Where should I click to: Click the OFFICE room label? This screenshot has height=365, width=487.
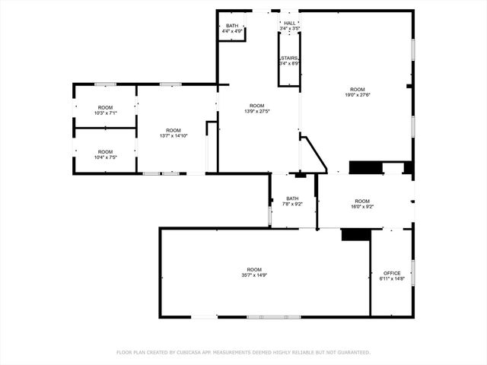[391, 273]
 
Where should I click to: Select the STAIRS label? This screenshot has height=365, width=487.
[289, 58]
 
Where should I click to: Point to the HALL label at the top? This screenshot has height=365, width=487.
[289, 24]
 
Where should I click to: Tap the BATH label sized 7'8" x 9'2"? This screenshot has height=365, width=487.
[293, 198]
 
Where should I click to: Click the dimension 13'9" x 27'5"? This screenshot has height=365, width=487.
[257, 111]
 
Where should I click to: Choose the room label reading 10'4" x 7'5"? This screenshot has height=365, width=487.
[104, 157]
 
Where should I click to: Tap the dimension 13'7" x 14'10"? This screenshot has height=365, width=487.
[173, 136]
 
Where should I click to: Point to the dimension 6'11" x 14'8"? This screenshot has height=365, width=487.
[391, 279]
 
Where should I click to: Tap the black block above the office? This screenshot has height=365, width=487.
[355, 235]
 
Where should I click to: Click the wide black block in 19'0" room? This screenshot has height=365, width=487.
[365, 168]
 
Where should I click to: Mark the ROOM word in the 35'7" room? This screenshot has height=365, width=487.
[254, 269]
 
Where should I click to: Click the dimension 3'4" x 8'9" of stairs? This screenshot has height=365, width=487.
[289, 63]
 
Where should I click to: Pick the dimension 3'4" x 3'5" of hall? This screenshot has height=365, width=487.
[289, 29]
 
